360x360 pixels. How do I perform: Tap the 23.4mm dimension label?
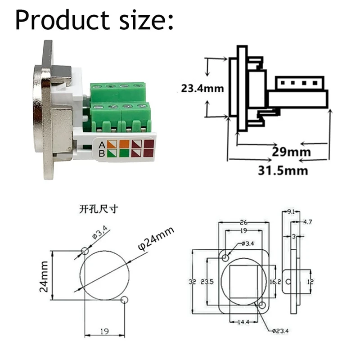click(202, 88)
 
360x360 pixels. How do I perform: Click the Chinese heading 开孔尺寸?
click(98, 210)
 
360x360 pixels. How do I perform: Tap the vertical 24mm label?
click(44, 276)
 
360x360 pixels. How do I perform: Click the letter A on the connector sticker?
click(102, 145)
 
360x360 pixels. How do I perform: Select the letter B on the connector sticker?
click(102, 154)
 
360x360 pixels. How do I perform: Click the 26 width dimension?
click(244, 221)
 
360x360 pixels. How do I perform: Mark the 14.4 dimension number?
click(243, 322)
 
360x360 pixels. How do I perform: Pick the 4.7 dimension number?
click(309, 221)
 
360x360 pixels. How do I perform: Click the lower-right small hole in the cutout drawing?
click(125, 300)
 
